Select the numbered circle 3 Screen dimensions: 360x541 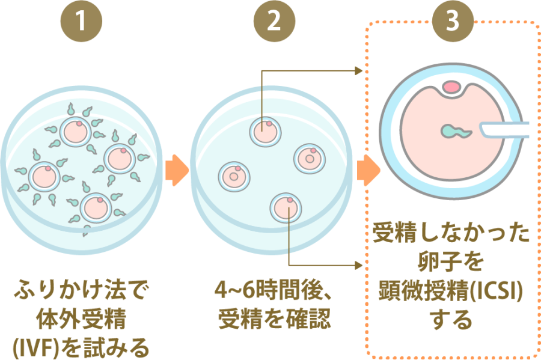point(452,22)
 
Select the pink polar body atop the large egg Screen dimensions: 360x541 point(450,88)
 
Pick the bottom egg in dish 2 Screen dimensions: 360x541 point(285,207)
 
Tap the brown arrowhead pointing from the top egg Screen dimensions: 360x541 point(359,71)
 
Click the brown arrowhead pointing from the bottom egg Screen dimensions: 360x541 point(359,264)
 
